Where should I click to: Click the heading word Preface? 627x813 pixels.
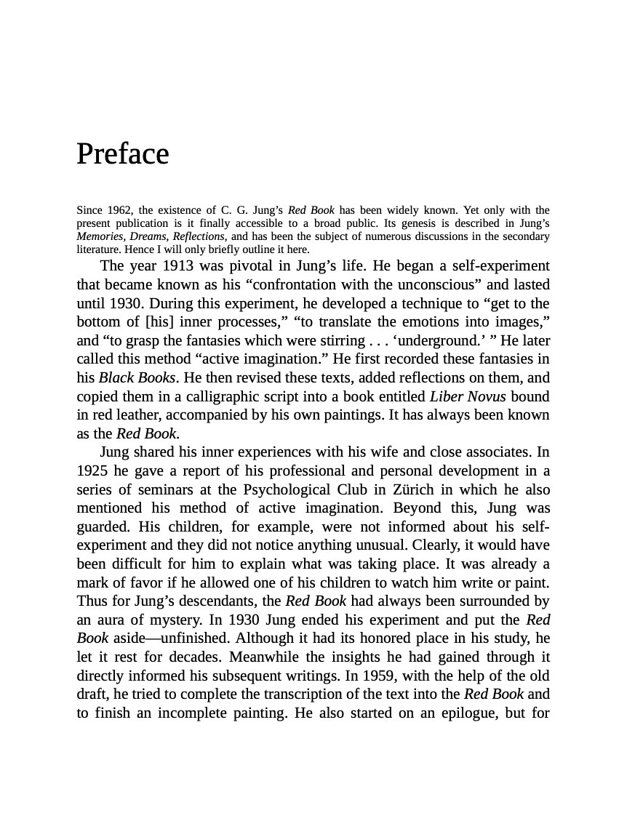click(122, 154)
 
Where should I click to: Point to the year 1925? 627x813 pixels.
click(93, 470)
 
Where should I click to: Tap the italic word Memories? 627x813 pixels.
click(102, 237)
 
